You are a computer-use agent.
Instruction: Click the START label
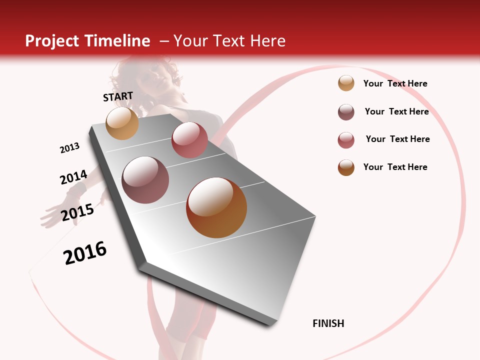[118, 96]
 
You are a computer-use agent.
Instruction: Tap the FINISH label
[328, 323]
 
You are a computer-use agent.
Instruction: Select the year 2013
[69, 148]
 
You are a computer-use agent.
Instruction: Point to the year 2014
[73, 177]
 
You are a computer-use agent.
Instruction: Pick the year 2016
[85, 253]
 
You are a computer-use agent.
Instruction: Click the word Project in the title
[52, 41]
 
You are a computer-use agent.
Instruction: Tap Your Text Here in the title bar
[229, 41]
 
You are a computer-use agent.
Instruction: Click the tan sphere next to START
[122, 123]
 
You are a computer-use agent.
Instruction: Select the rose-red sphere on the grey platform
[189, 140]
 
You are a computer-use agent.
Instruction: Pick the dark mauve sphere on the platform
[145, 180]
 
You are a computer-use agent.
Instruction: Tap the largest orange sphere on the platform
[216, 207]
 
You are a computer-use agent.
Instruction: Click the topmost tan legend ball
[346, 83]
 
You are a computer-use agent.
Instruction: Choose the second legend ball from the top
[346, 112]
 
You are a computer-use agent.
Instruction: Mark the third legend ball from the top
[346, 140]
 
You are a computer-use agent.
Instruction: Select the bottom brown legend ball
[346, 167]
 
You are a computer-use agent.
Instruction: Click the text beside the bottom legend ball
[395, 167]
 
